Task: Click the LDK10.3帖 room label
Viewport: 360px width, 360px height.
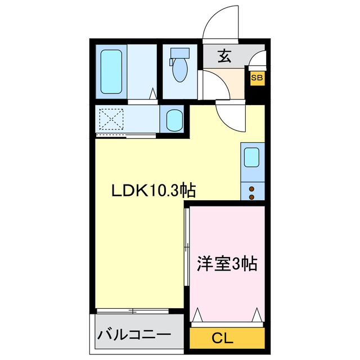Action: pos(152,191)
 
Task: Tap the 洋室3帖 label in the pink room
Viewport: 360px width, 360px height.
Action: pos(227,263)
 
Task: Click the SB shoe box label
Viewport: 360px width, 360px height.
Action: pos(256,78)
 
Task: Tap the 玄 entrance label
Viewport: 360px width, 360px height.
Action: pos(224,56)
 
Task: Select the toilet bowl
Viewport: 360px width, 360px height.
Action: pos(180,70)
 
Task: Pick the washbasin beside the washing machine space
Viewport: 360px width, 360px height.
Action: pos(173,119)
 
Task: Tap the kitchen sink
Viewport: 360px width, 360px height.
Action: pos(251,158)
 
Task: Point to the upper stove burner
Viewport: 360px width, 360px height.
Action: pos(251,188)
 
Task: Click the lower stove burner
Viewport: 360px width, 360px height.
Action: pos(251,197)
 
